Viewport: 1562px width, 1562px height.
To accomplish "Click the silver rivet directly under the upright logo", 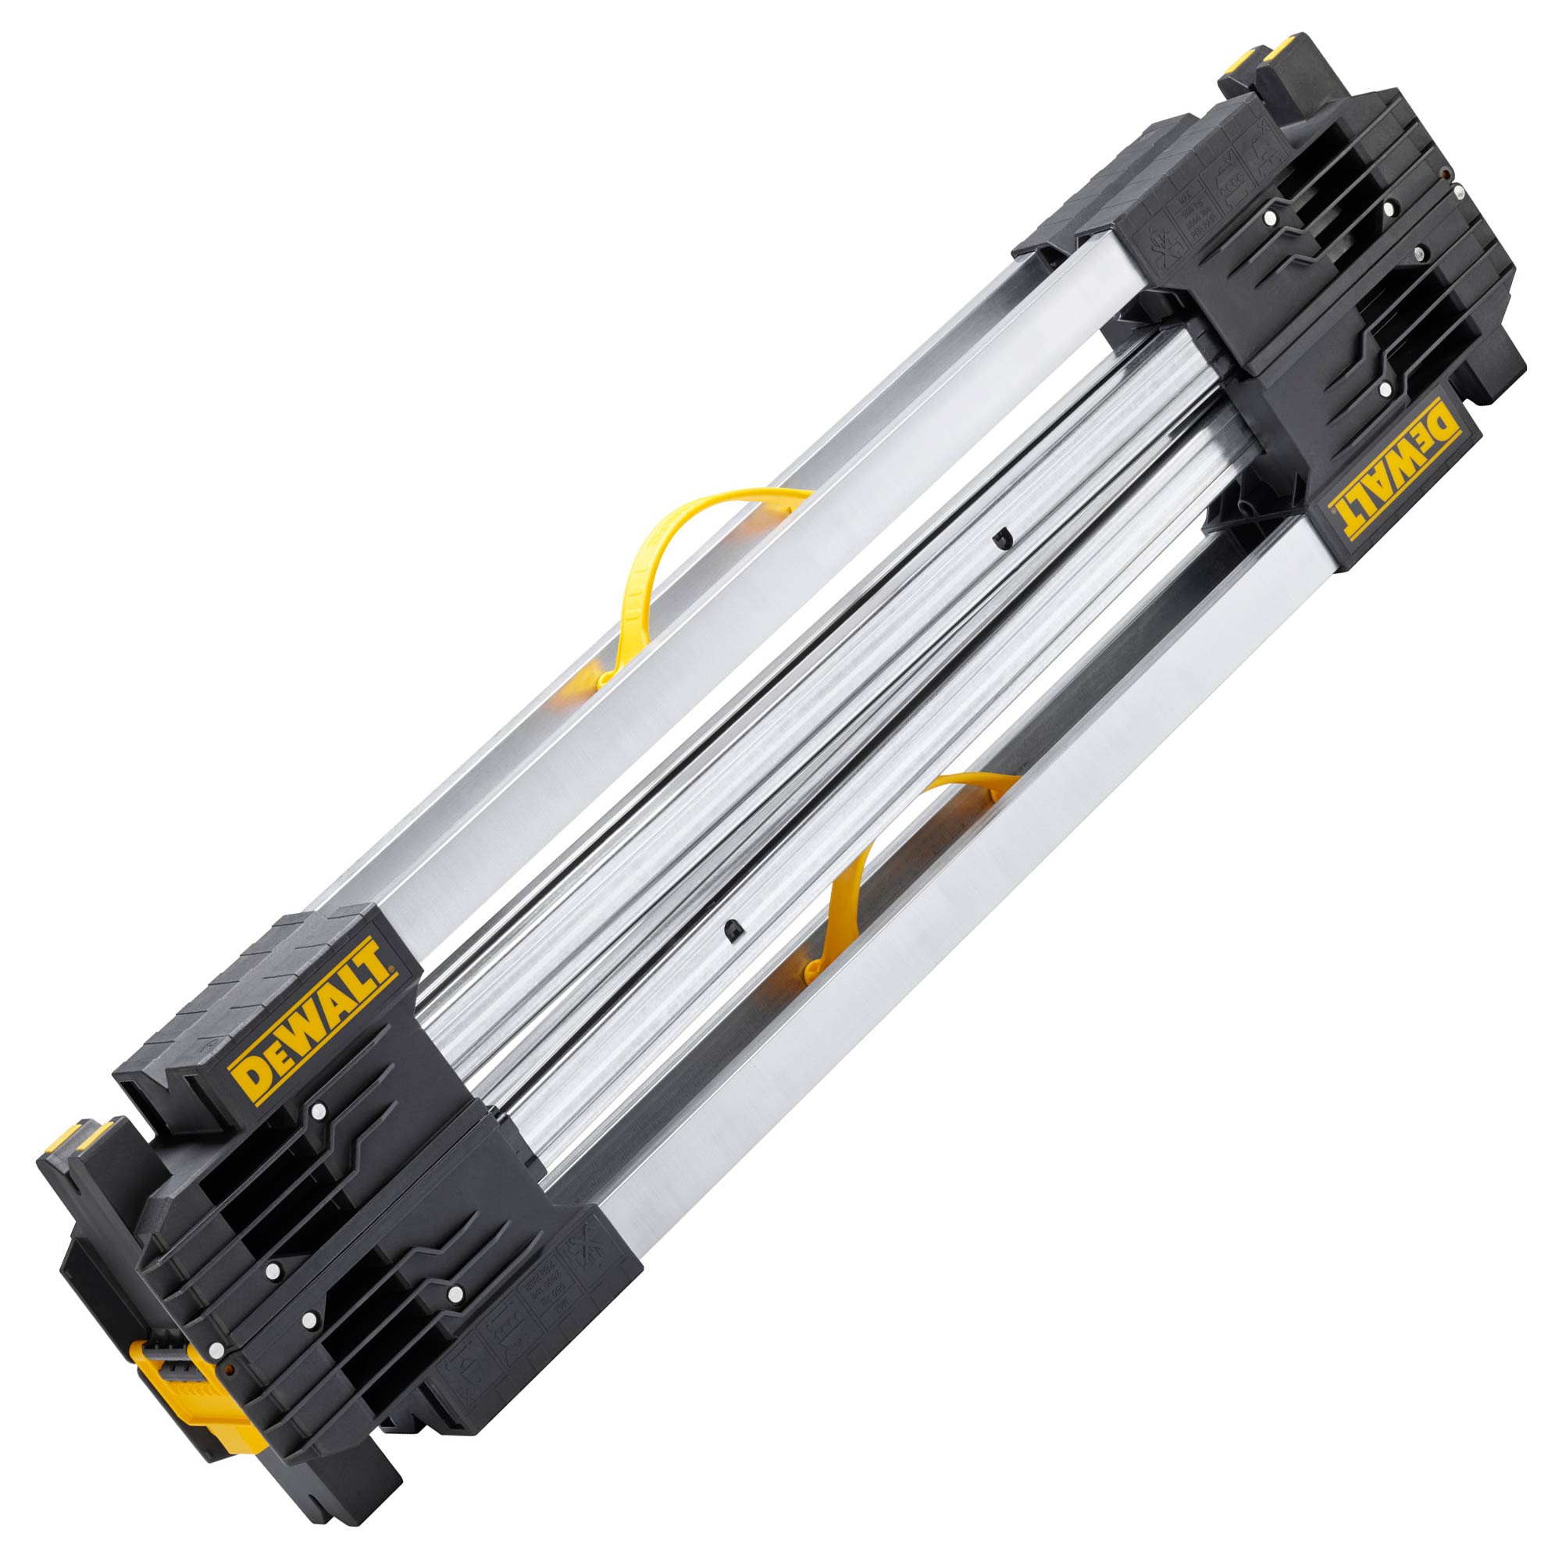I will pos(319,1110).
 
